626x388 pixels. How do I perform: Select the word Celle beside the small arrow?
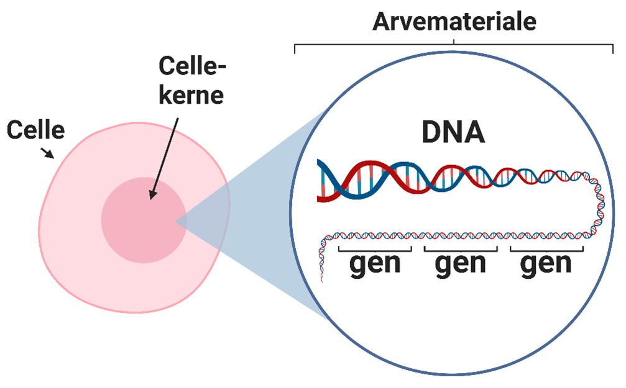click(35, 130)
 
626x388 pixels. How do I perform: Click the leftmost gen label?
click(375, 264)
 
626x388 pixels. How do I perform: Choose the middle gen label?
click(460, 264)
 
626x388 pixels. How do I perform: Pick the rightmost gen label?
click(546, 264)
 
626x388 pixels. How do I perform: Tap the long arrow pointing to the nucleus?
click(164, 155)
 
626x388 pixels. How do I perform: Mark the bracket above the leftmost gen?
click(375, 250)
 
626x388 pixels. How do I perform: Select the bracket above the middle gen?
click(460, 250)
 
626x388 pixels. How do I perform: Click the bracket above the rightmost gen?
click(546, 250)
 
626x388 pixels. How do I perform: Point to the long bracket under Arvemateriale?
click(454, 45)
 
